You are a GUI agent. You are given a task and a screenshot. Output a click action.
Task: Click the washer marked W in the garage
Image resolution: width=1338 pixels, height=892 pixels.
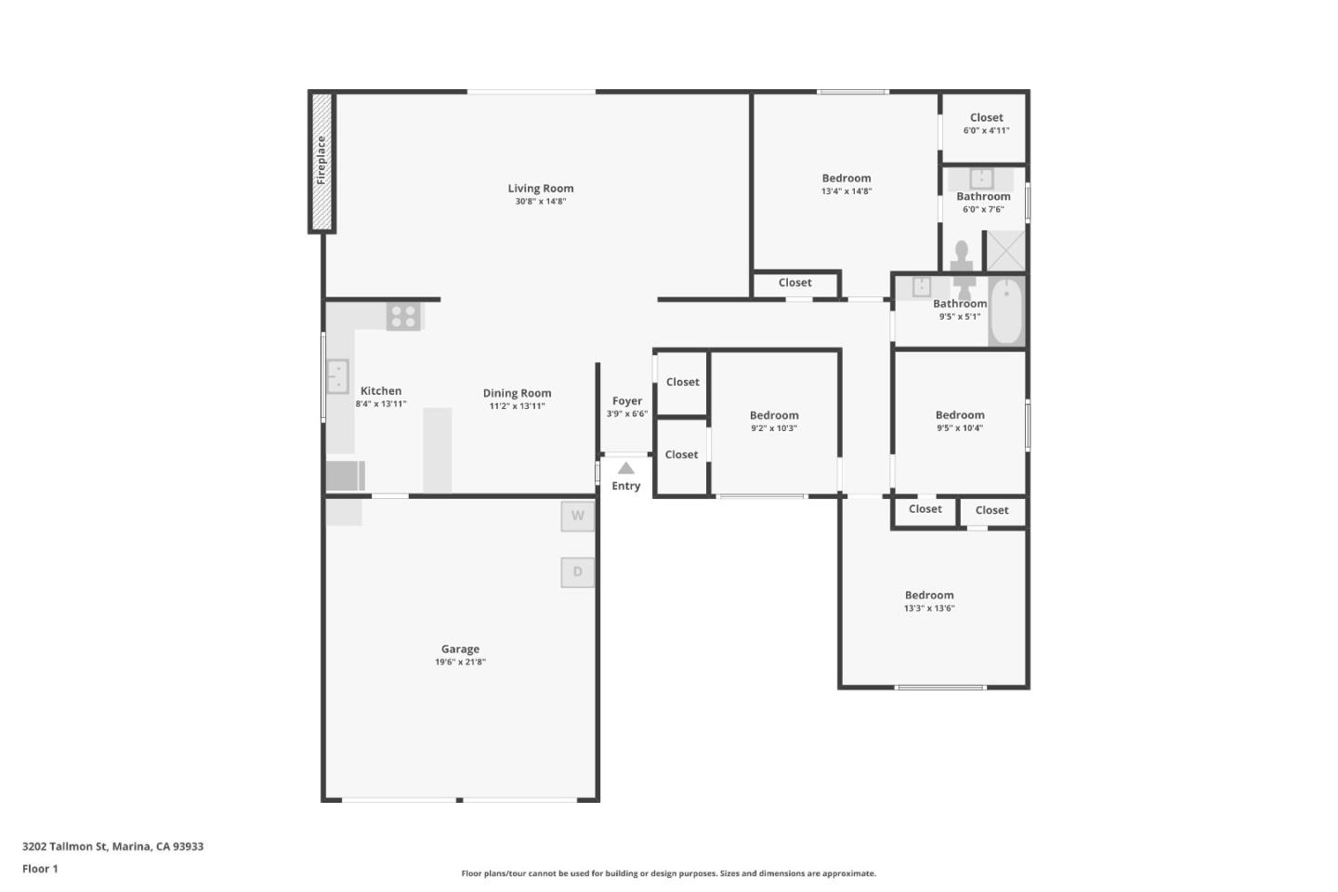577,516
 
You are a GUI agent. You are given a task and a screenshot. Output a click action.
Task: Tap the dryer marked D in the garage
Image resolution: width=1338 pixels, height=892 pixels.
577,571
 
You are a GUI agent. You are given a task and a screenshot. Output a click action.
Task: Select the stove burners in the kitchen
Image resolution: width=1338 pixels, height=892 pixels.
403,316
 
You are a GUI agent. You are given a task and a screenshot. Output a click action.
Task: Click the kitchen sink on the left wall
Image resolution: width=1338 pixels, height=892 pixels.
336,376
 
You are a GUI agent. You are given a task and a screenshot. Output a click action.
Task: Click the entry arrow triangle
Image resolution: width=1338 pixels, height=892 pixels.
626,468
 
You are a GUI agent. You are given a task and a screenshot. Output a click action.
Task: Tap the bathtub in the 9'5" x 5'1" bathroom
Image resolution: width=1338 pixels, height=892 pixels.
1006,311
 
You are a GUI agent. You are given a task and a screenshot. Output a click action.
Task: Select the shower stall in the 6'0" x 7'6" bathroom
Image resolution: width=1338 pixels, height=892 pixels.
1005,251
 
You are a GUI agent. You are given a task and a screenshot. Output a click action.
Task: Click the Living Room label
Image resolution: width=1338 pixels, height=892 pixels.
541,189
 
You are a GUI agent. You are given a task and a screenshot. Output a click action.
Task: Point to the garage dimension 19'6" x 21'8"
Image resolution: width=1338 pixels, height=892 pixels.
460,662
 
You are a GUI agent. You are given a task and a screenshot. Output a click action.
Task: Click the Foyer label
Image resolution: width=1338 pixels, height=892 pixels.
627,401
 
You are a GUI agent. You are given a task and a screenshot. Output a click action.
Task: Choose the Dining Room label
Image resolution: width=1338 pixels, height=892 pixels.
517,393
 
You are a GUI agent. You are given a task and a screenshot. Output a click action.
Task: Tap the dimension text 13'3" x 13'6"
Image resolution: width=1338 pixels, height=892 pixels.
929,609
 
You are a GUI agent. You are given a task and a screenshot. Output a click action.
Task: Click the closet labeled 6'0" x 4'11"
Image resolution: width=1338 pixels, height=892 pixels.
986,125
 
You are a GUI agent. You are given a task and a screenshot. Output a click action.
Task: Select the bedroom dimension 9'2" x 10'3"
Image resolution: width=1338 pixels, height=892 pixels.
774,428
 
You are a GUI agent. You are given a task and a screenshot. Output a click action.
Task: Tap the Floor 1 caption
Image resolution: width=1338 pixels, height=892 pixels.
40,869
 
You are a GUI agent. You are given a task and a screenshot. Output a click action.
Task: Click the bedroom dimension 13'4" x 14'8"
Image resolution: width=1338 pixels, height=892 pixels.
846,191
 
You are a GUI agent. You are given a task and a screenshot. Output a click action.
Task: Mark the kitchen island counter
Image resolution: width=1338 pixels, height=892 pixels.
438,450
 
